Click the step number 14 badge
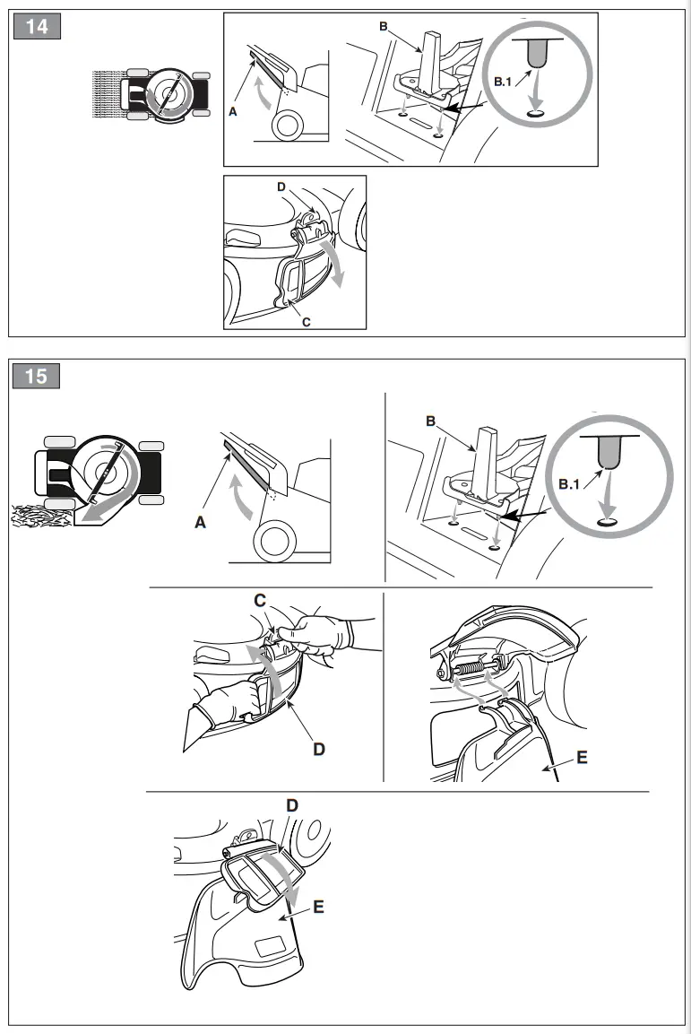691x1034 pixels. pos(37,26)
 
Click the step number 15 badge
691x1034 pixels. pos(37,376)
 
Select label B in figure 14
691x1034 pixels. pos(384,27)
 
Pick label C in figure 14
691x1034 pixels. pos(306,321)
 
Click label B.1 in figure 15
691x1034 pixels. pos(571,484)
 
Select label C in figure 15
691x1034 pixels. pos(259,598)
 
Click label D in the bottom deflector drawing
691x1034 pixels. pos(291,805)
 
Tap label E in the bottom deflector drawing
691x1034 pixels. pos(318,907)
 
